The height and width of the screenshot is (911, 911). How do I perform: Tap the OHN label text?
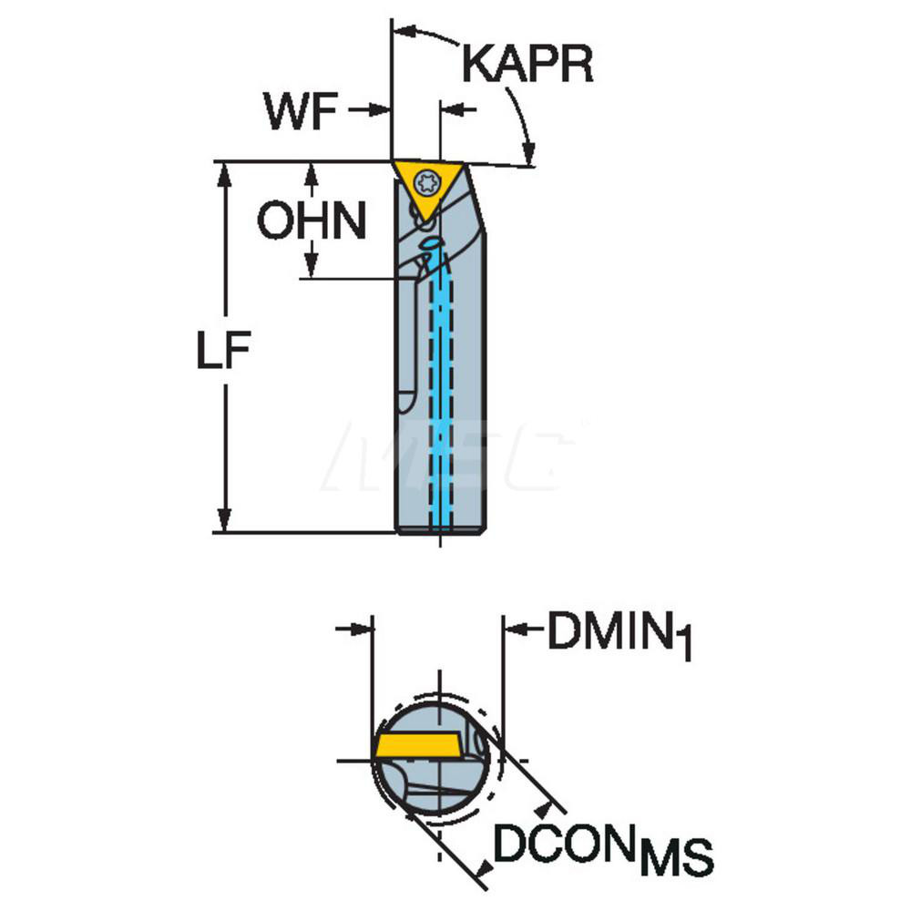pos(311,221)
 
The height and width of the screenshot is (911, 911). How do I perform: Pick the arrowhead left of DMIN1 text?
pos(515,628)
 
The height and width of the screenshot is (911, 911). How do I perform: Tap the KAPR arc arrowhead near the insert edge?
pos(526,155)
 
